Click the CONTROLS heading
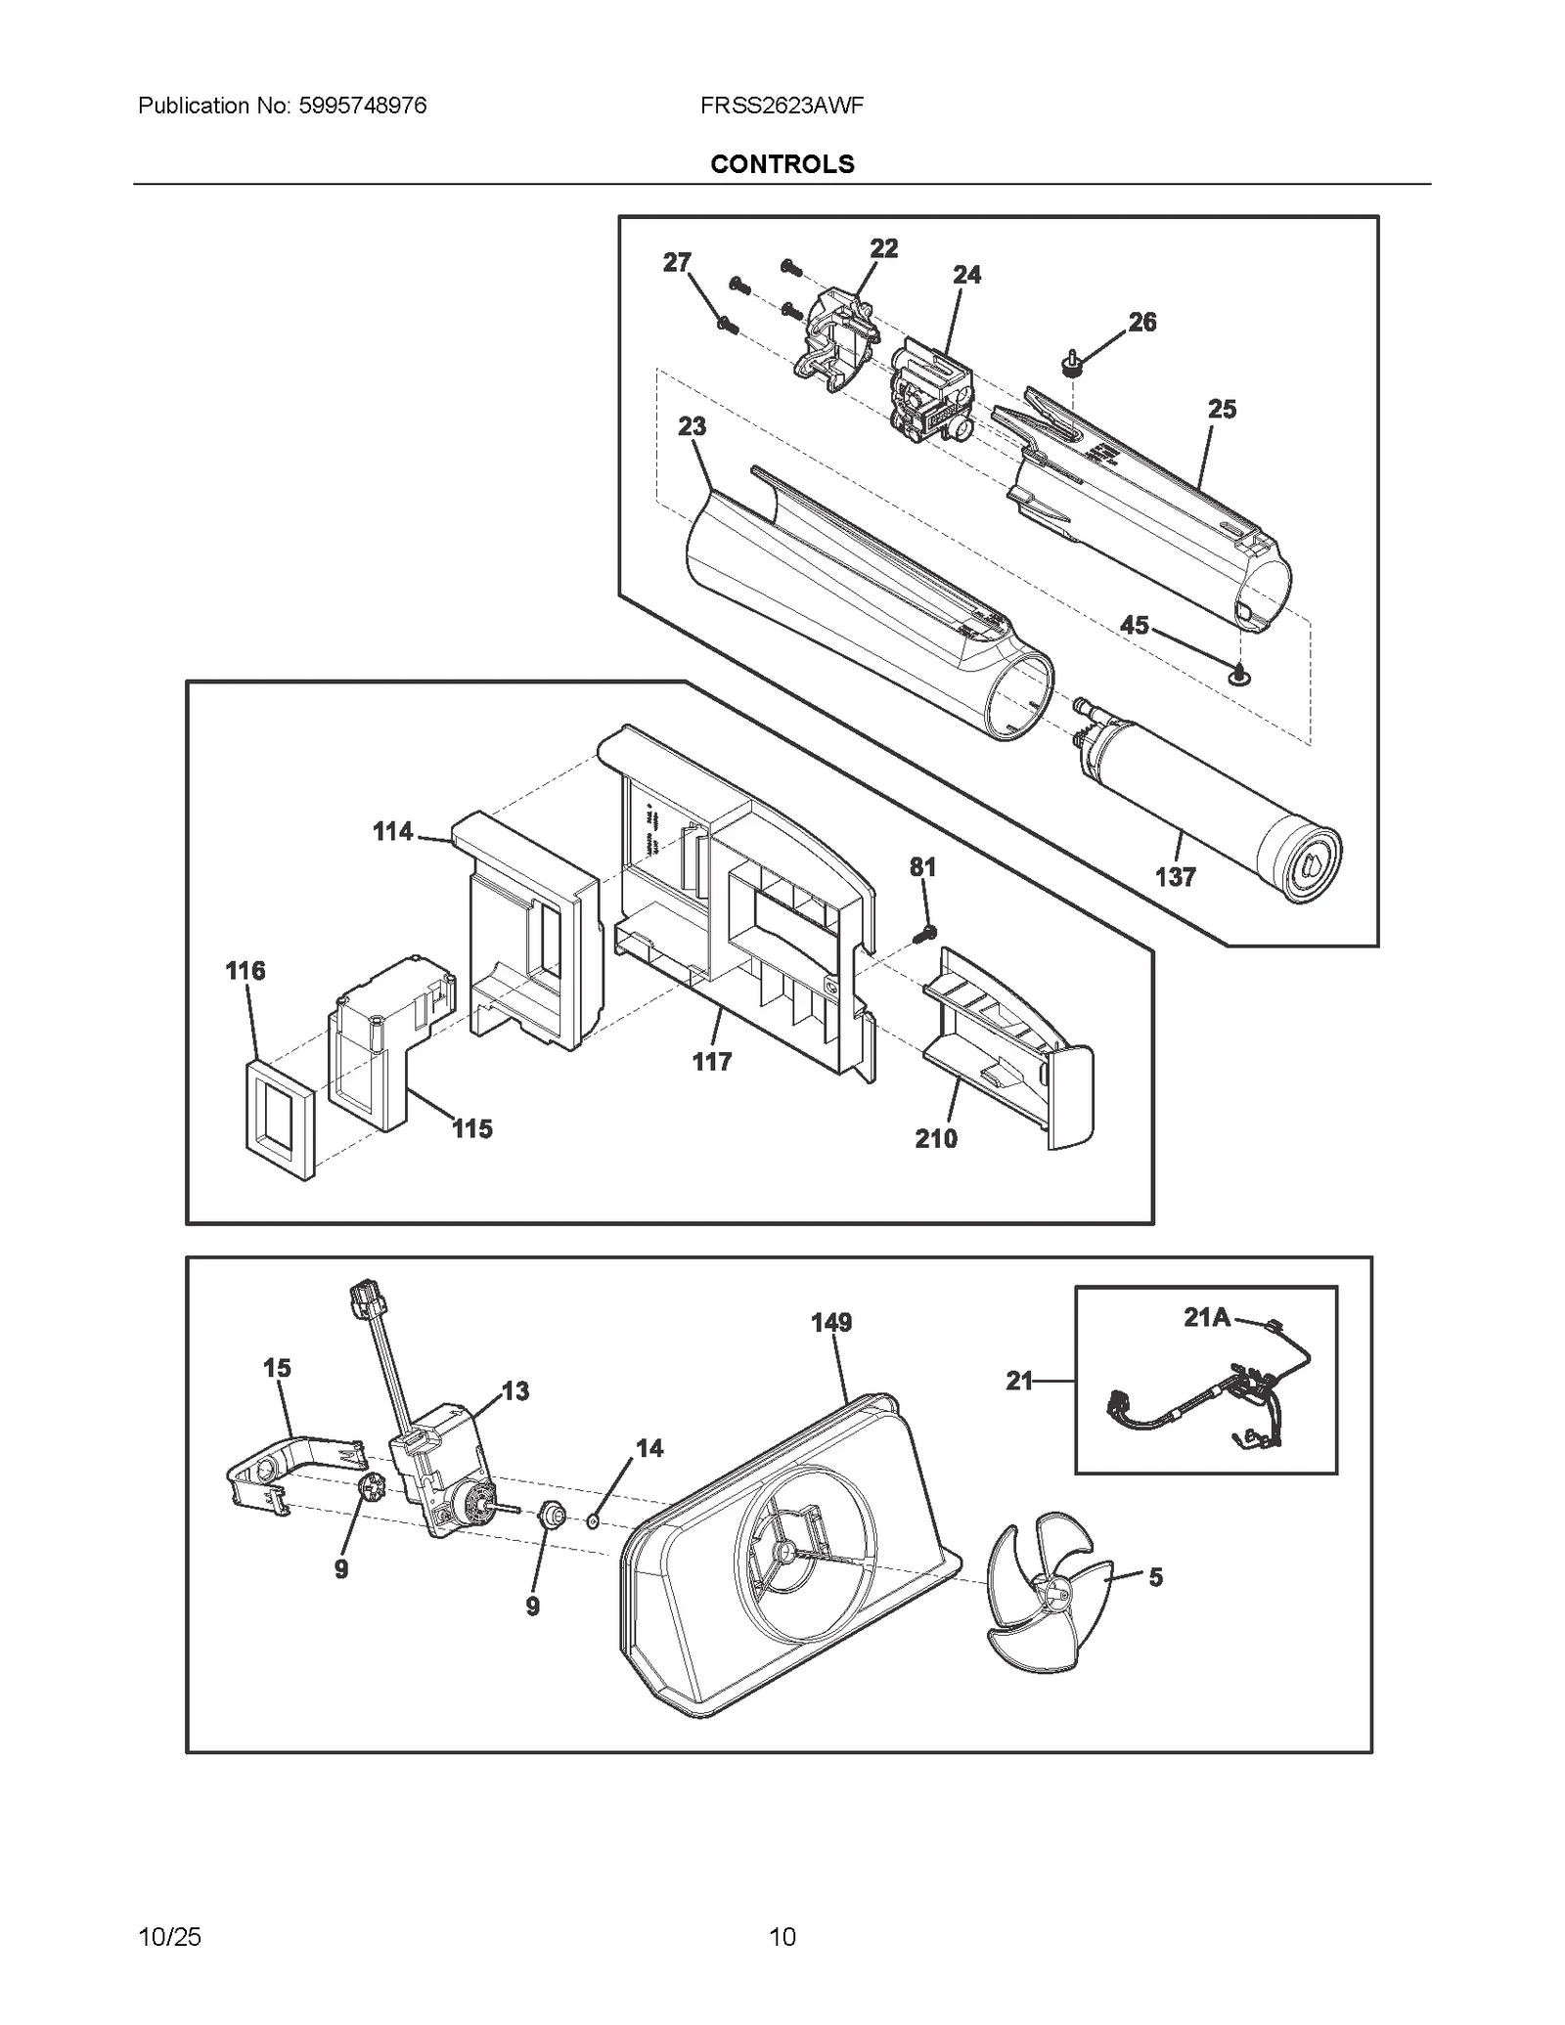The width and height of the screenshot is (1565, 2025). (x=782, y=164)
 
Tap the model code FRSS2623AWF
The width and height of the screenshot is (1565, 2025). (x=782, y=106)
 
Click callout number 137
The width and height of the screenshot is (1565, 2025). (x=1175, y=877)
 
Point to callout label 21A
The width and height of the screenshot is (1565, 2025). (x=1206, y=1318)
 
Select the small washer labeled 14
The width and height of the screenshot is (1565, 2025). (x=593, y=1520)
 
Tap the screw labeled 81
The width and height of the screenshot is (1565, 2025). (x=924, y=935)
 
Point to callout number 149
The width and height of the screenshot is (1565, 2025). (x=831, y=1323)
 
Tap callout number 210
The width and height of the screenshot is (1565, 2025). (x=936, y=1138)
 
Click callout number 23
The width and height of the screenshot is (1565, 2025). (x=692, y=427)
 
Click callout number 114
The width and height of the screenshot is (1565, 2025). (x=392, y=832)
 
